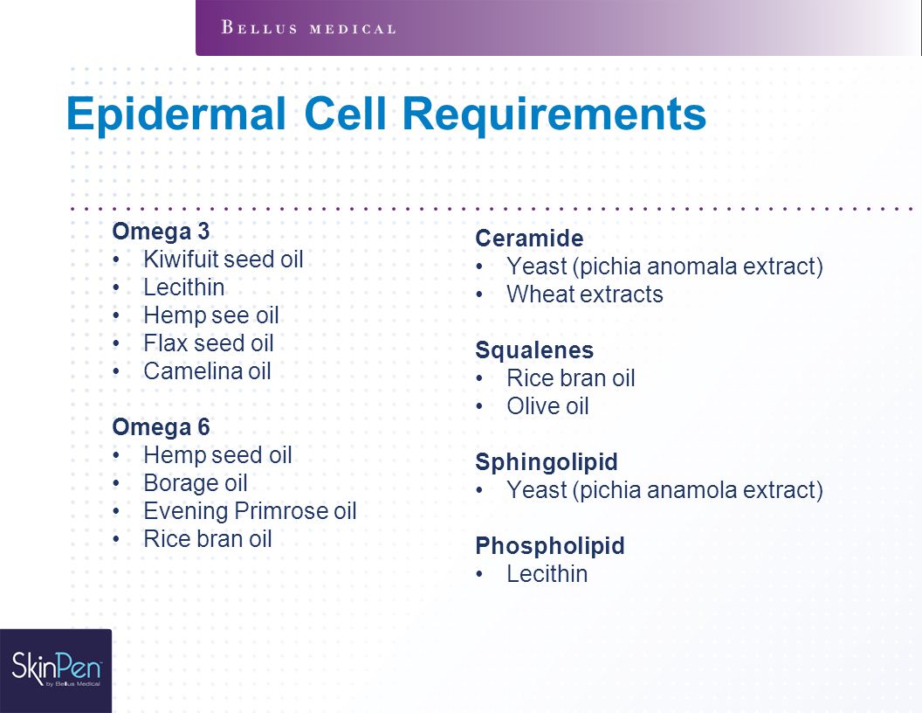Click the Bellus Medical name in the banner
point(308,28)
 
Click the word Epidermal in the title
point(175,114)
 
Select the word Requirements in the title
point(554,114)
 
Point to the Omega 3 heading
point(161,232)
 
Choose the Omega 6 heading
point(161,427)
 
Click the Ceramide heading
point(529,239)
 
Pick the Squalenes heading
point(534,350)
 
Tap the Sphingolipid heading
point(547,462)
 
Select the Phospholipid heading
point(550,546)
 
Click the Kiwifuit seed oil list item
point(224,260)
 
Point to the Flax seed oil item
point(209,343)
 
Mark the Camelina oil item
point(207,371)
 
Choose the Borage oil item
point(196,483)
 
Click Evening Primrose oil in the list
point(250,511)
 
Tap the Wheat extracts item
point(585,294)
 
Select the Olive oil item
point(548,406)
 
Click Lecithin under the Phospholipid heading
point(547,573)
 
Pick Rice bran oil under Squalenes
point(571,378)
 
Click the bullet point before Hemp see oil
point(116,316)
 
